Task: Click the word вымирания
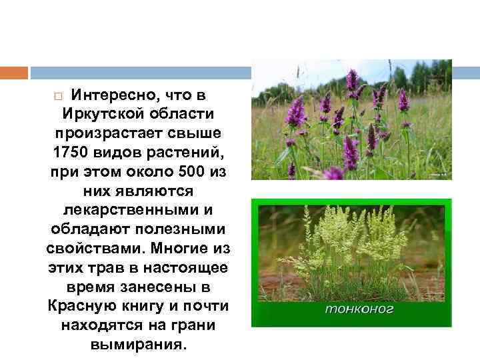[138, 346]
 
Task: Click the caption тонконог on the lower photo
[359, 309]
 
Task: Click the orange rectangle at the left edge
[13, 72]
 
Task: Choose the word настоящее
[190, 268]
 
